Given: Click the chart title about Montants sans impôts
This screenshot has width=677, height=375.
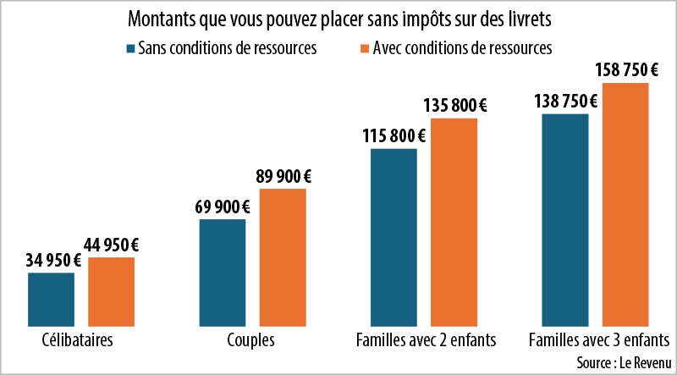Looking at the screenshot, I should click(x=338, y=19).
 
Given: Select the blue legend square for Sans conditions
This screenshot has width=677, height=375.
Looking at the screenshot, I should click(x=129, y=48).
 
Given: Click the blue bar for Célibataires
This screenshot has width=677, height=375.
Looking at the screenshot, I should click(x=52, y=299).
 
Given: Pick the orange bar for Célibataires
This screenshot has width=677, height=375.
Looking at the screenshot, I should click(x=111, y=291).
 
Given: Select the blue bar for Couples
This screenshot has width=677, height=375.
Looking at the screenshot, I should click(x=223, y=272).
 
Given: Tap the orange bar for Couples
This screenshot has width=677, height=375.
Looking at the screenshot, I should click(x=283, y=256).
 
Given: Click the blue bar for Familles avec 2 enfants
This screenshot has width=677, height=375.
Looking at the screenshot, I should click(x=394, y=236).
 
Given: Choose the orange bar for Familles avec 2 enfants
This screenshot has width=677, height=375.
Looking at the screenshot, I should click(x=454, y=221).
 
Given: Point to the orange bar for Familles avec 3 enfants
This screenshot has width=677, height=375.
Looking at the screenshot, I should click(x=625, y=203).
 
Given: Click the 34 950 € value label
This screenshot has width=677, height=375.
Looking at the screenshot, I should click(x=52, y=260).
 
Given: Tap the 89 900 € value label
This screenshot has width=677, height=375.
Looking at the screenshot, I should click(x=283, y=176).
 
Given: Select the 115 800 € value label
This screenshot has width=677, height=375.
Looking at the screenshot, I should click(x=394, y=135).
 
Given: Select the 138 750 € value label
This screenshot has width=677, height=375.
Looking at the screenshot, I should click(x=565, y=101).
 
